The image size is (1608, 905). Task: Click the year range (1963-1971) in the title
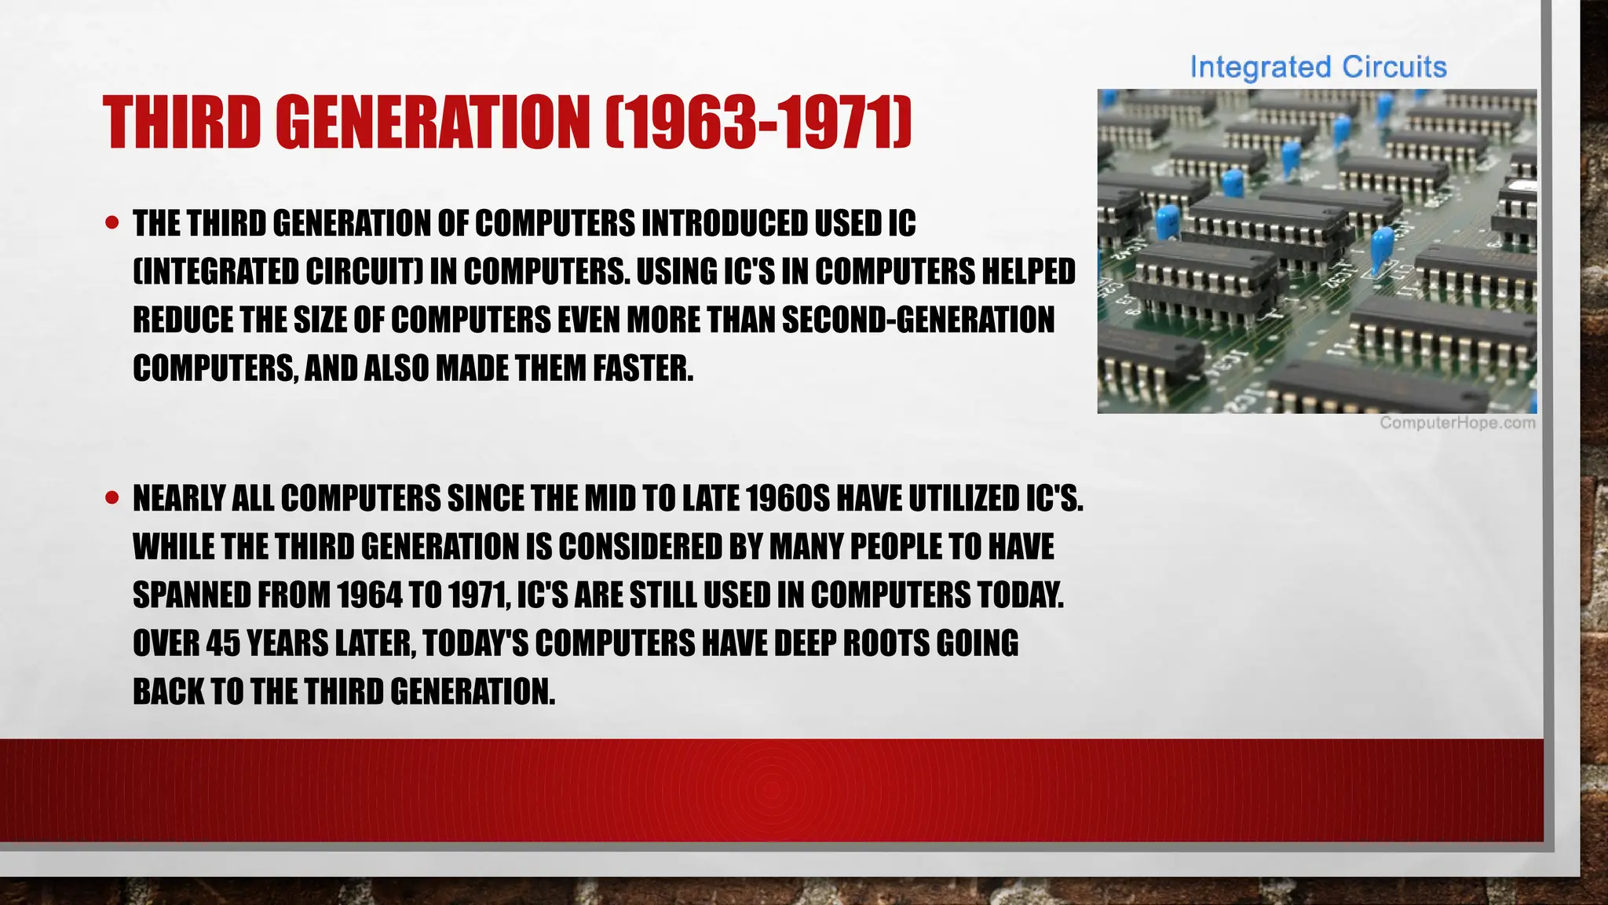tap(758, 122)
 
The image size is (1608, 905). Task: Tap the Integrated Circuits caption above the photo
tap(1317, 68)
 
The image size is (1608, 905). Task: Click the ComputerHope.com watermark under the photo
tap(1457, 423)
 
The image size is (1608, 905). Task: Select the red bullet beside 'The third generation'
tap(112, 223)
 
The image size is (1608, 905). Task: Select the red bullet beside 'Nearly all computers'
tap(112, 497)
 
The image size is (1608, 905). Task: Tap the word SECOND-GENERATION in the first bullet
tap(918, 321)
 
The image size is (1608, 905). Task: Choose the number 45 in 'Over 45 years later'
tap(223, 643)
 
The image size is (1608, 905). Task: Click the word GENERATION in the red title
tap(433, 122)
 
